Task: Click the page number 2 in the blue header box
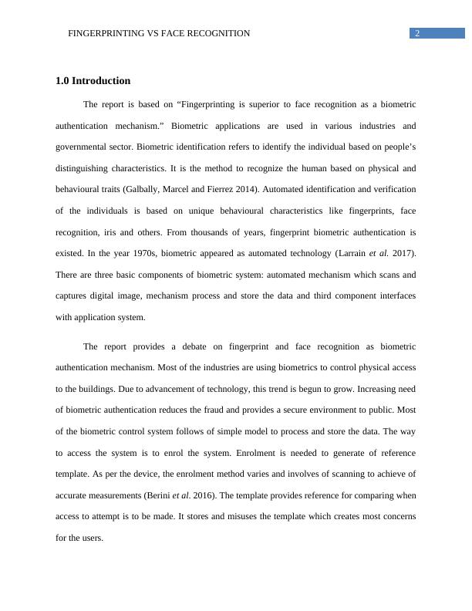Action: [x=417, y=33]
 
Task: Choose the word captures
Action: [x=76, y=295]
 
